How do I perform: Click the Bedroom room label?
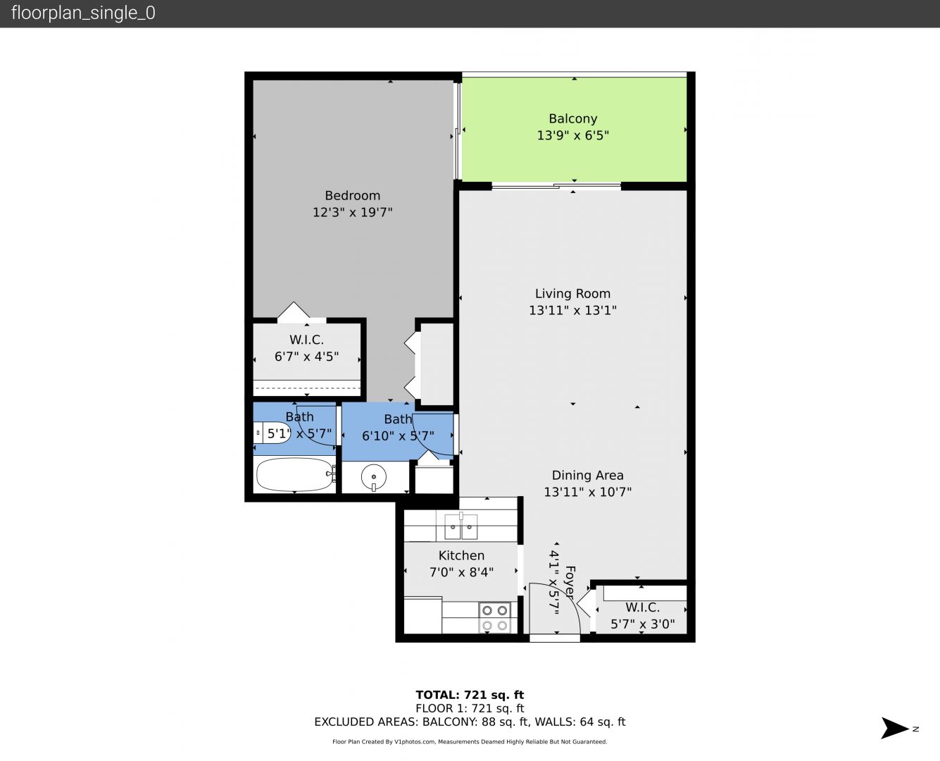pos(352,196)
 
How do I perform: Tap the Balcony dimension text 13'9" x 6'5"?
pos(573,135)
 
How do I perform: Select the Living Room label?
pos(573,294)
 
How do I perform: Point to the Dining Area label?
pos(587,475)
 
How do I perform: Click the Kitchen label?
pos(461,556)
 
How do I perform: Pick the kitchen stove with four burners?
pos(494,618)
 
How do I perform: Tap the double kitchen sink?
pos(460,526)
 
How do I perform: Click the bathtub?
pos(296,475)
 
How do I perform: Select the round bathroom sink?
pos(374,477)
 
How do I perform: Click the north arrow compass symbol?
pos(896,728)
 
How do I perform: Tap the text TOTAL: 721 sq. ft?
pos(470,695)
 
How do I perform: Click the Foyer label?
pos(570,582)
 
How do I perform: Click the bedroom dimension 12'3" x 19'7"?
pos(352,212)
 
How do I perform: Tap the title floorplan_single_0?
pos(83,13)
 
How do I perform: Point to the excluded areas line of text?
pos(470,722)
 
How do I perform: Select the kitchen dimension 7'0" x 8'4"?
pos(461,572)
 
